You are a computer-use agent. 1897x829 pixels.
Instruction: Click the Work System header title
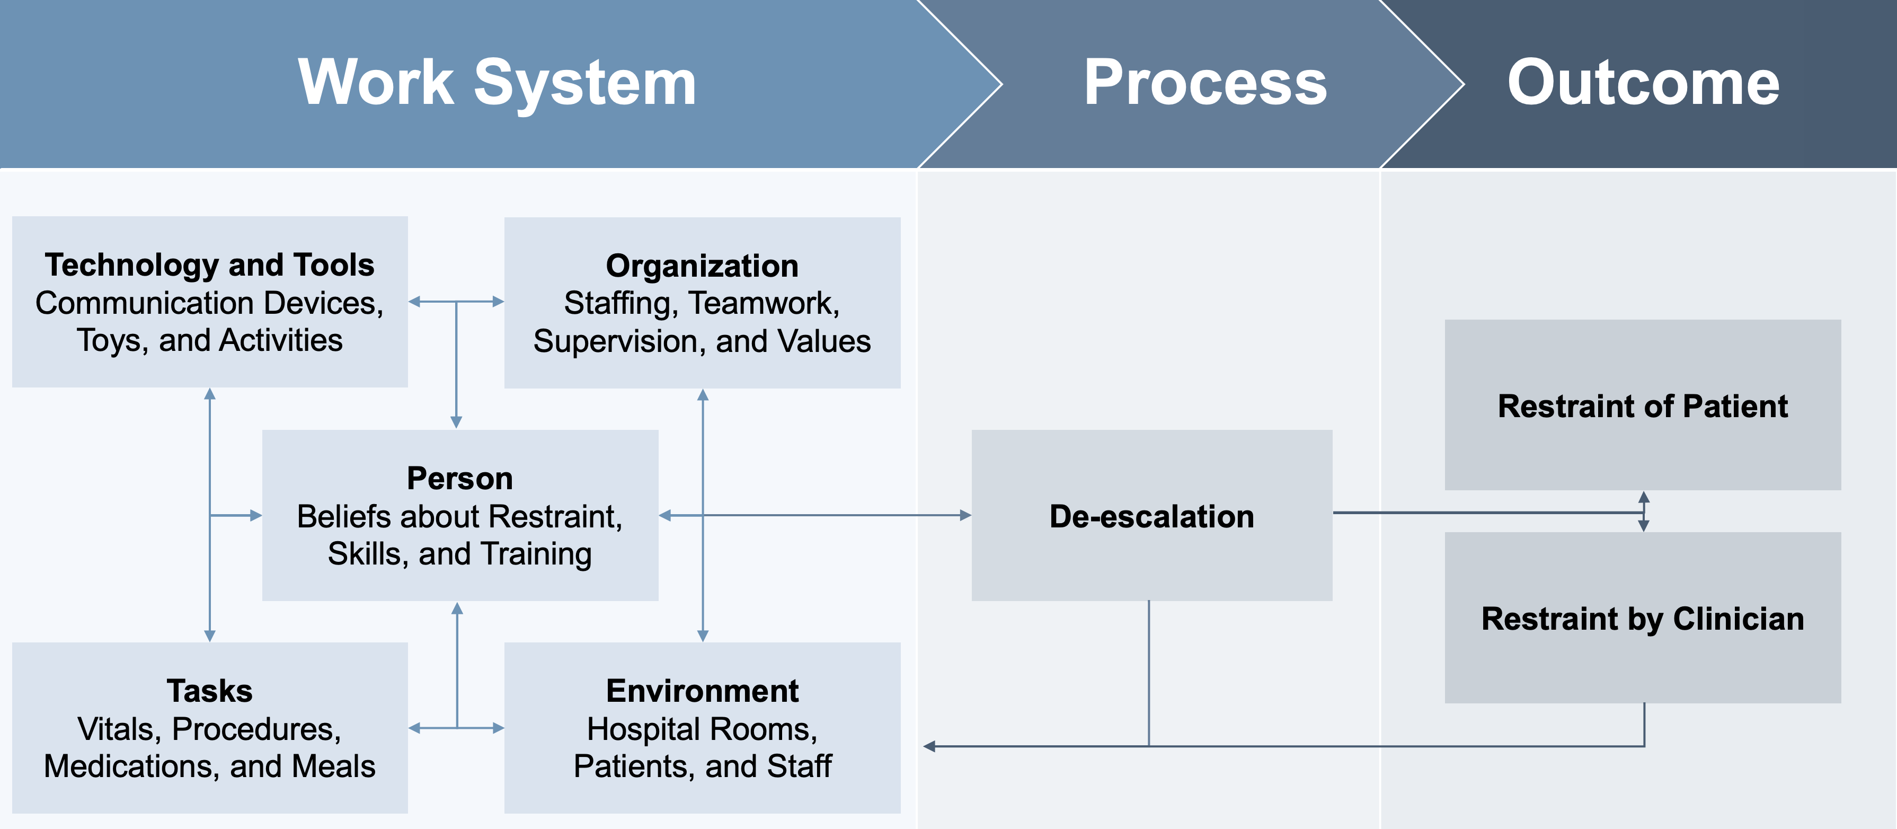497,83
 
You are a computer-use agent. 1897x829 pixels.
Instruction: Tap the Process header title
1205,83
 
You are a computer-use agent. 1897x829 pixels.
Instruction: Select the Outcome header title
1643,83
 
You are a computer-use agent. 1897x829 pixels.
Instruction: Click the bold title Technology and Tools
210,264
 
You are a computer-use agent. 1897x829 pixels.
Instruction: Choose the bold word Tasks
210,691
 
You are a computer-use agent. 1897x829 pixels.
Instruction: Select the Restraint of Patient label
1643,406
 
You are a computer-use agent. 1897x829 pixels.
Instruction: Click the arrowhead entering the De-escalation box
965,516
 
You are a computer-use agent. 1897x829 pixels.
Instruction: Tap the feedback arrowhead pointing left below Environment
930,746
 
